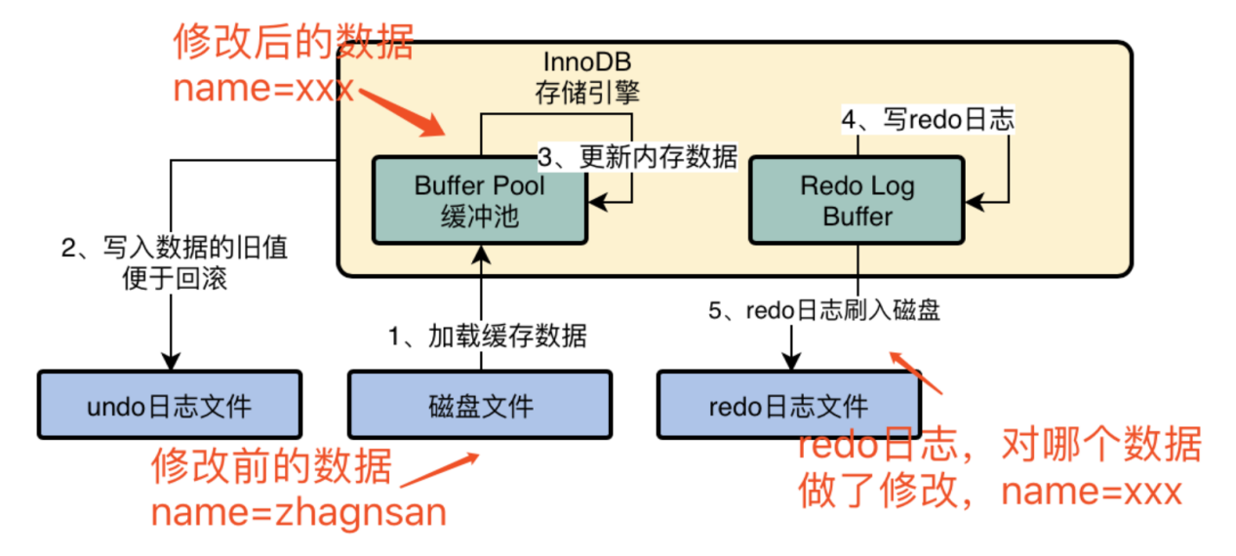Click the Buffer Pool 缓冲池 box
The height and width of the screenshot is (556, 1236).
pyautogui.click(x=479, y=200)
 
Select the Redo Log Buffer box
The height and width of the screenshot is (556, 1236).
pyautogui.click(x=856, y=200)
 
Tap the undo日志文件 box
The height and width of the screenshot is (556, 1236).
pyautogui.click(x=169, y=404)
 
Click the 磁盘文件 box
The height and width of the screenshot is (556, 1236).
pyautogui.click(x=480, y=404)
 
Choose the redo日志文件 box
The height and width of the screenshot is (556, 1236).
pyautogui.click(x=788, y=404)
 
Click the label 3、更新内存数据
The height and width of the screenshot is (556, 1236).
pyautogui.click(x=639, y=157)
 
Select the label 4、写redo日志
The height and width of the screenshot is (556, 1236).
pyautogui.click(x=928, y=119)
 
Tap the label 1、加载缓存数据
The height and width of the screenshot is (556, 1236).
pyautogui.click(x=488, y=337)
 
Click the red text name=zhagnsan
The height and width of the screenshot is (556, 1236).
pyautogui.click(x=298, y=510)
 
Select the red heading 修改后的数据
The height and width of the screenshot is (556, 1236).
pyautogui.click(x=294, y=44)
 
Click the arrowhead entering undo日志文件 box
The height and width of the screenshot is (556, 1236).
pyautogui.click(x=171, y=361)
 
